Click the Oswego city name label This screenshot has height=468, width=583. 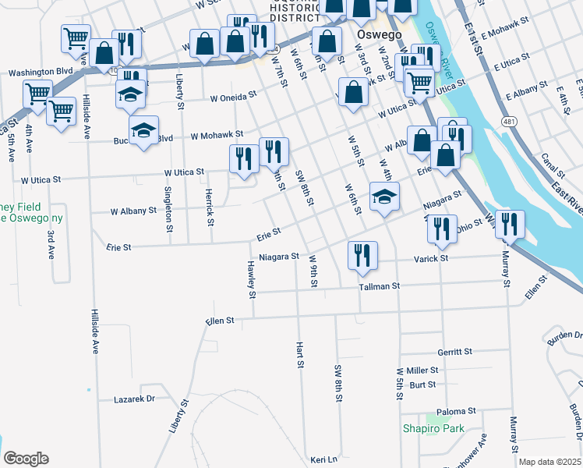[358, 36]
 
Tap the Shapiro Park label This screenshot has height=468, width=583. [433, 428]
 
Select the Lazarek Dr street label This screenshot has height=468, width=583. [134, 398]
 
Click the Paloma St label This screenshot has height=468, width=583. [456, 411]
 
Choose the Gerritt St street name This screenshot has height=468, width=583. [455, 353]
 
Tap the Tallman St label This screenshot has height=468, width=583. [379, 286]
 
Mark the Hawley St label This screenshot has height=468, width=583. [252, 279]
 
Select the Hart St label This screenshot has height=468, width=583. [299, 354]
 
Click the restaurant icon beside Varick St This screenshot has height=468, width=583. [362, 255]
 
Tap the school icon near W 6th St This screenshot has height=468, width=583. [384, 197]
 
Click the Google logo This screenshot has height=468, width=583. [26, 459]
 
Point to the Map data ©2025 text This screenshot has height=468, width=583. [549, 462]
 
